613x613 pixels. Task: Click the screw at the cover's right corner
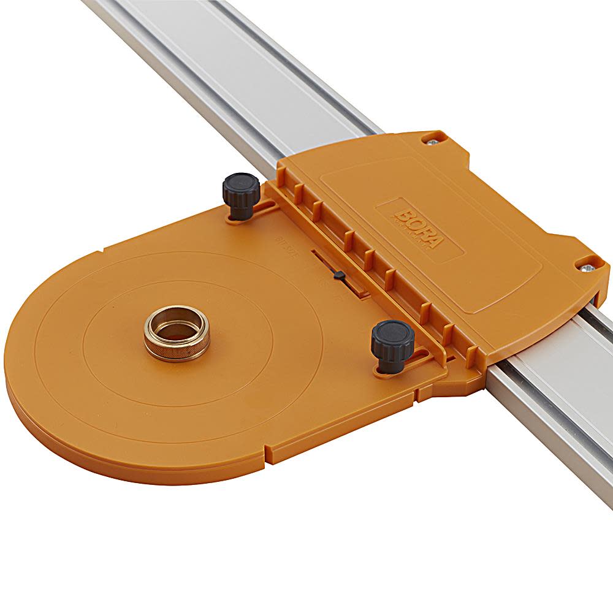(x=588, y=266)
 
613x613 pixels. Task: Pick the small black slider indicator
(x=337, y=276)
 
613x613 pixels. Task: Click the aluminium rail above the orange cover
(x=257, y=80)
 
